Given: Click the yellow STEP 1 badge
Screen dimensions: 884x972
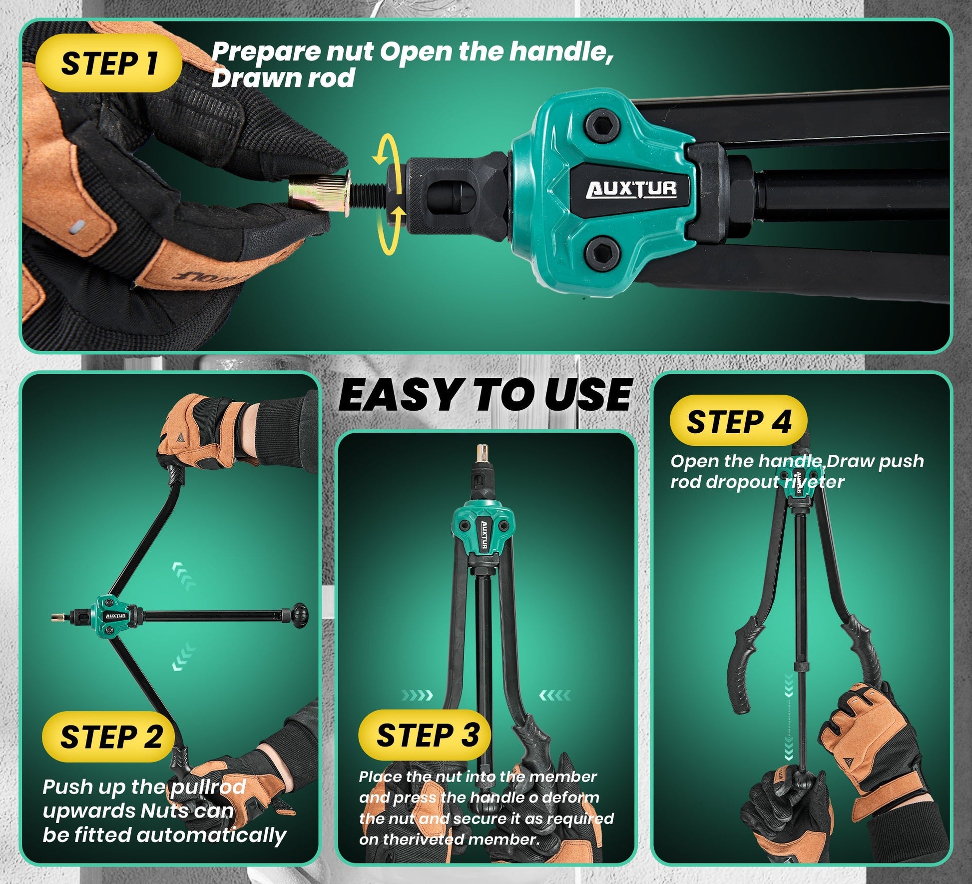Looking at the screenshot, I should pyautogui.click(x=108, y=63).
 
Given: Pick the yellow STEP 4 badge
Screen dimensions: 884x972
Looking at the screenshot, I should pyautogui.click(x=738, y=421).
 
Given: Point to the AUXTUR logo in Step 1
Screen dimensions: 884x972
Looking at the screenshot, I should pyautogui.click(x=632, y=190).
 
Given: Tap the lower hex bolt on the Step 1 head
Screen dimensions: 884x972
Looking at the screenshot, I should pyautogui.click(x=602, y=252).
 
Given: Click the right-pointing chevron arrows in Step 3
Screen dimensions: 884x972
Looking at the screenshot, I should pyautogui.click(x=417, y=695).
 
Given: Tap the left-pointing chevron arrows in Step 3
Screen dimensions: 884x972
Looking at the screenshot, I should pyautogui.click(x=555, y=695).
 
